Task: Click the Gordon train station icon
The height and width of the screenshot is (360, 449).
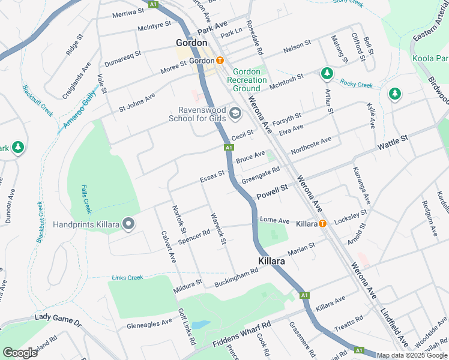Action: click(220, 61)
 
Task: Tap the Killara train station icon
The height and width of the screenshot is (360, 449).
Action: click(322, 224)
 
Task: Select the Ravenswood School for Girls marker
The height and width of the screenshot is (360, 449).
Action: click(235, 112)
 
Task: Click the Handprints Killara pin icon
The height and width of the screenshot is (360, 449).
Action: click(128, 224)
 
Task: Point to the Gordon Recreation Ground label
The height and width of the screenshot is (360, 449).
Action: click(246, 80)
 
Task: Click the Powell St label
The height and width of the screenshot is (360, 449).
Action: click(273, 192)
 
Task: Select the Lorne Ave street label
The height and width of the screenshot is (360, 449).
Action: click(274, 220)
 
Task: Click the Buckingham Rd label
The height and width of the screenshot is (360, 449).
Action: click(236, 276)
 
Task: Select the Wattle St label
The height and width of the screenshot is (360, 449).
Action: click(393, 143)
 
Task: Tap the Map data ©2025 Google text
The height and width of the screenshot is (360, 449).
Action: click(412, 355)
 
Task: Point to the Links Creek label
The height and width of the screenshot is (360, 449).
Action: click(127, 277)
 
